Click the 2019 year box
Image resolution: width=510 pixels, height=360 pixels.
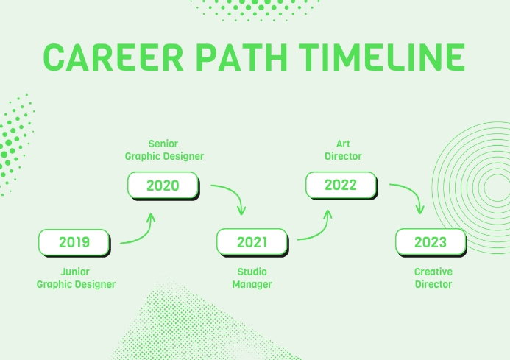[74, 242]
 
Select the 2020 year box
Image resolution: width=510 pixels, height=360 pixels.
[163, 186]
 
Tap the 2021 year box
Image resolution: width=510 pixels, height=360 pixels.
[252, 242]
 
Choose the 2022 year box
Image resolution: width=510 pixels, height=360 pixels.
[341, 186]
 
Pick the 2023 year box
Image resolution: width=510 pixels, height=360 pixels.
[431, 242]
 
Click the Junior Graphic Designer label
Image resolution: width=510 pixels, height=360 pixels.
[76, 278]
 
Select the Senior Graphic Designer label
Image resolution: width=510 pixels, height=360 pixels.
[163, 150]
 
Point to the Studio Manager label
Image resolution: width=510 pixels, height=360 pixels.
[252, 278]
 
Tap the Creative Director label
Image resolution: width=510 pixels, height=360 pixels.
[433, 278]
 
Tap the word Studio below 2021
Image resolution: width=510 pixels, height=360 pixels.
[252, 272]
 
